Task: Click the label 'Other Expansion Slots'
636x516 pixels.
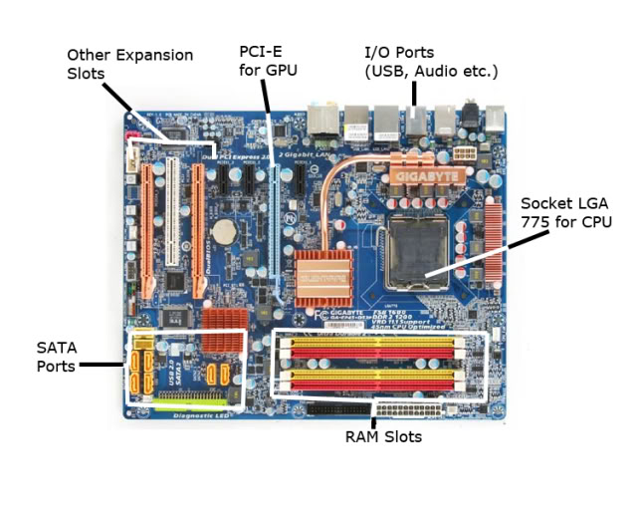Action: point(129,64)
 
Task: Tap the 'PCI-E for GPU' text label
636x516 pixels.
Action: point(267,60)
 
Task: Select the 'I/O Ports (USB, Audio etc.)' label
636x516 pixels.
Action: point(431,61)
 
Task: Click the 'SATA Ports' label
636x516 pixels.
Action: point(56,357)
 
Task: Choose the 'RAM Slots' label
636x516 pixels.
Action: point(383,436)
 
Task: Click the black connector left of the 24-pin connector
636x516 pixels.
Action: point(338,407)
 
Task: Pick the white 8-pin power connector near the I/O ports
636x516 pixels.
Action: point(462,153)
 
